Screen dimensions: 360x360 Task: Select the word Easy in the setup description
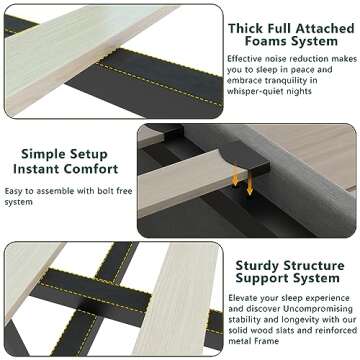(x=18, y=191)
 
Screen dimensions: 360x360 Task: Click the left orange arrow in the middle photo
(x=236, y=180)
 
